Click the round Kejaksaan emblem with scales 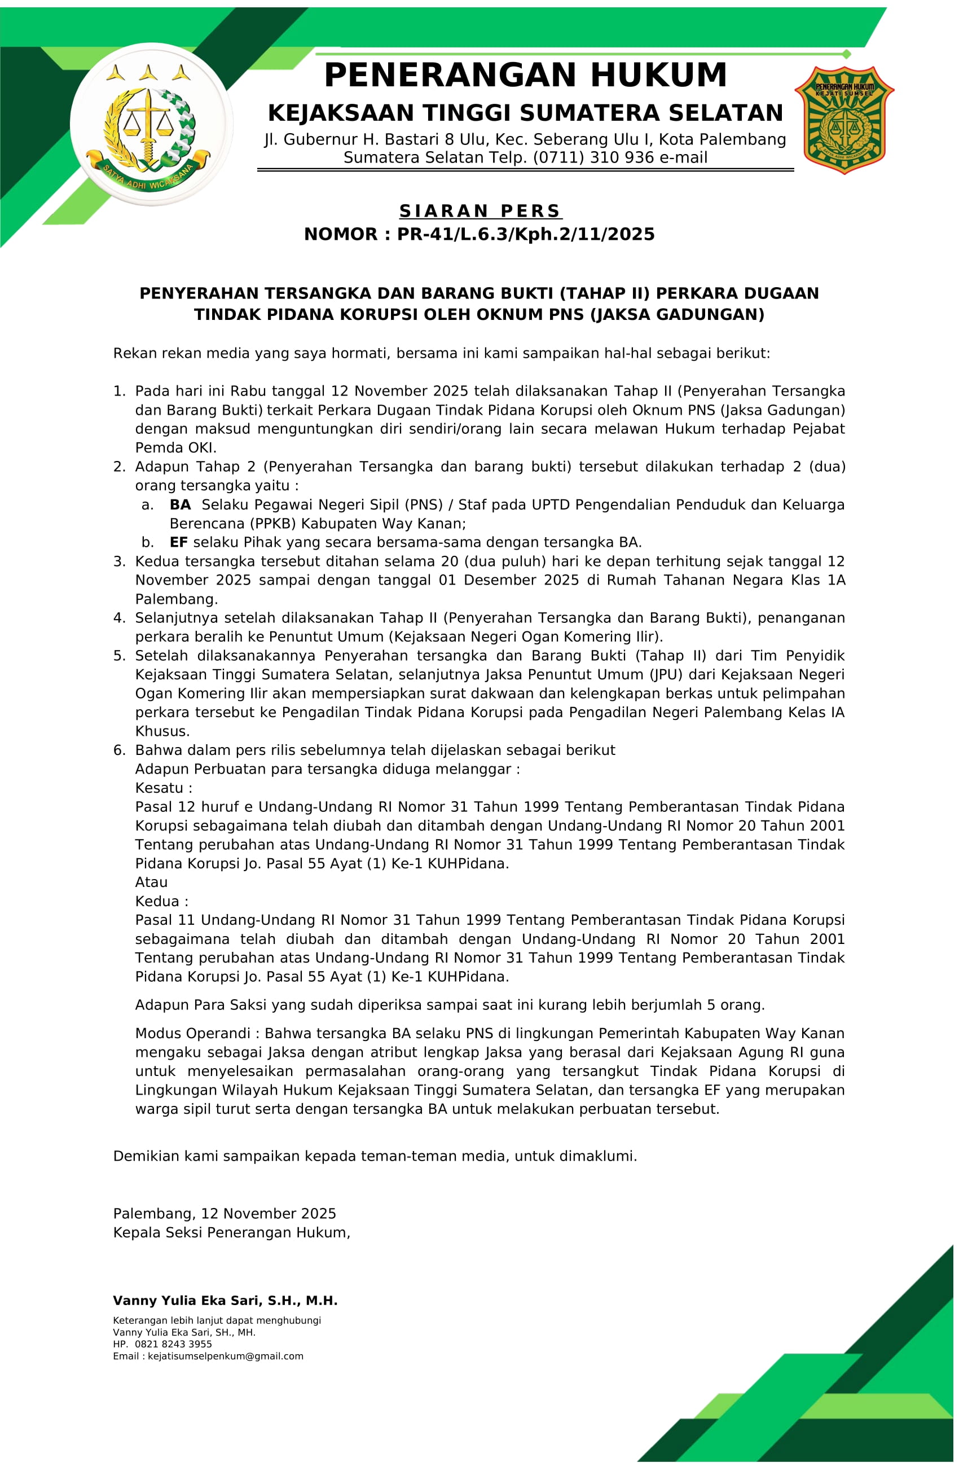click(x=151, y=124)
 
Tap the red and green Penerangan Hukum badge click(x=844, y=120)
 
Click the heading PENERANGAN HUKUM click(x=525, y=75)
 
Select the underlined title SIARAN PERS click(x=480, y=211)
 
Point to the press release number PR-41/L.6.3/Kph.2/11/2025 click(x=525, y=234)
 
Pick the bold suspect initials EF click(x=179, y=542)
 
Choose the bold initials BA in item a click(x=180, y=505)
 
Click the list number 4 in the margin click(x=119, y=618)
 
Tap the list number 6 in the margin click(x=119, y=750)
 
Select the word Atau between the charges click(x=151, y=882)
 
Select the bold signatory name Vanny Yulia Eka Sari click(x=225, y=1301)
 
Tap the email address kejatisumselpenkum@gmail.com click(x=225, y=1356)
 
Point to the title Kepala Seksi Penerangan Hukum click(x=231, y=1232)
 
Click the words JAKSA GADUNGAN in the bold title click(x=677, y=315)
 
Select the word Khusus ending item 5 click(x=162, y=731)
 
